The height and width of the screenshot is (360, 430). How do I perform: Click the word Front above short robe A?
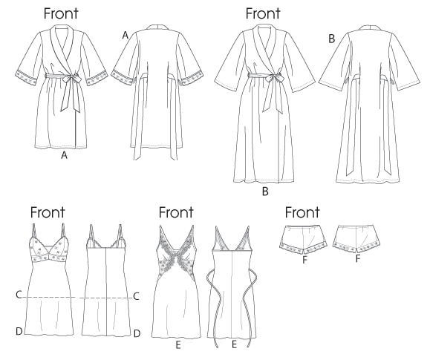coord(61,13)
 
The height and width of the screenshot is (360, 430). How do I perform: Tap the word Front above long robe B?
coord(263,13)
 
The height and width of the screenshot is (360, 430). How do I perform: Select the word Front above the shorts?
coord(302,212)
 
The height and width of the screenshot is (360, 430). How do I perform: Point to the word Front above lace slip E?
coord(176,212)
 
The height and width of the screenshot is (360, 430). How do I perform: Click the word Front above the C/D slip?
coord(48,212)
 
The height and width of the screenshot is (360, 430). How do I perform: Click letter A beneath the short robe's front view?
coord(64,155)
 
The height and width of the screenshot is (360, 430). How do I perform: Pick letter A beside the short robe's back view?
coord(125,36)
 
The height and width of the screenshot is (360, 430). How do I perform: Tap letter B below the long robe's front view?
coord(265,192)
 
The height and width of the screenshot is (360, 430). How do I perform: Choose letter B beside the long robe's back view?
coord(331,39)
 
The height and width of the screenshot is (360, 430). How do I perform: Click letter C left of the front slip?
coord(19,295)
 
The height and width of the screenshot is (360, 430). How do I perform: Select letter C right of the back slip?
coord(136,296)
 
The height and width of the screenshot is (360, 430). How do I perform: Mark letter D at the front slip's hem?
coord(19,332)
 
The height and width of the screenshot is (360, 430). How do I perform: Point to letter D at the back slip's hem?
coord(137,333)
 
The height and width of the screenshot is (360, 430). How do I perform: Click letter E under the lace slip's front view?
coord(178,345)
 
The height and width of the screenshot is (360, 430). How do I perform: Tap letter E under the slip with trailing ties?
coord(234,344)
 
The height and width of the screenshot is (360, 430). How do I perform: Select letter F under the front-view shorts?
coord(304,260)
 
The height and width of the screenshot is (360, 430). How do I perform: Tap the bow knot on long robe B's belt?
coord(272,79)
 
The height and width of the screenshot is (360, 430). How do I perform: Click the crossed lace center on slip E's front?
coord(176,252)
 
